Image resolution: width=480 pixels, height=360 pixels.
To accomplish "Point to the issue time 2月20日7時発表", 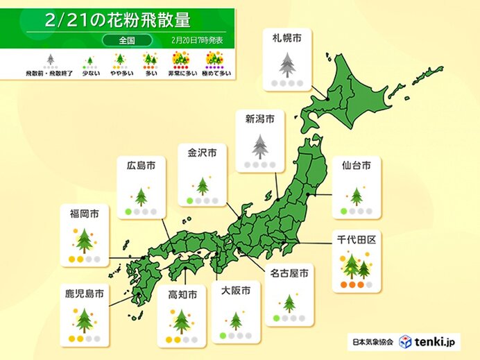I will [x=198, y=41].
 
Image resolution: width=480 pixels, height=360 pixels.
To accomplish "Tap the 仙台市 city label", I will [x=356, y=165].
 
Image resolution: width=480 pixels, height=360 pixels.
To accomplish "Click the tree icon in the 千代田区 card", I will [x=355, y=265].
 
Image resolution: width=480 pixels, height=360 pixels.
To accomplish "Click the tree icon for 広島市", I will [x=141, y=196].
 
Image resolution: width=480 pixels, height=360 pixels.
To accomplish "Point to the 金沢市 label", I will [x=202, y=151].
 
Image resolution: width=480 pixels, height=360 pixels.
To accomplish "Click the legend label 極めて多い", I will [x=214, y=72].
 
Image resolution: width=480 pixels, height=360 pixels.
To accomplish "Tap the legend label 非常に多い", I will [x=182, y=72].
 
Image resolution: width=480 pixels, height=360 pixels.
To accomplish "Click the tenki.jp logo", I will [x=429, y=342].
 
